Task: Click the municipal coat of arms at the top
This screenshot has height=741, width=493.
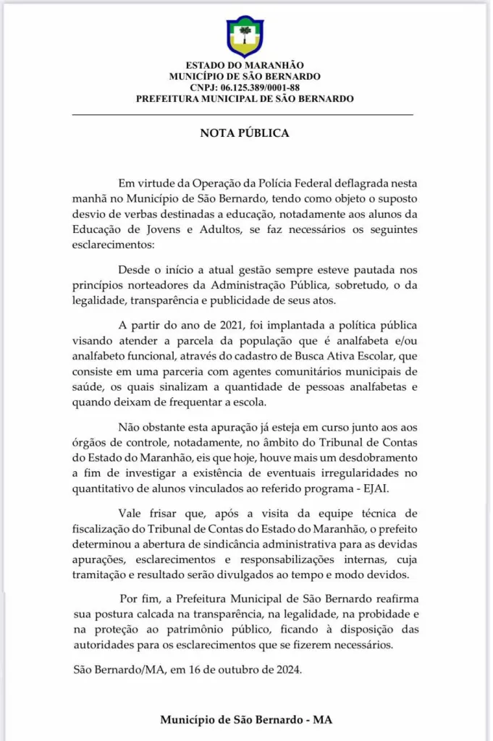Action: [x=245, y=35]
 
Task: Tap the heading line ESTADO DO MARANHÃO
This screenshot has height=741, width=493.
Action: [x=245, y=66]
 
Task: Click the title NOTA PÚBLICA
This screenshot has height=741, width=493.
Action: [x=245, y=133]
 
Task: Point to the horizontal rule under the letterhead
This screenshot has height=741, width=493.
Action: [x=245, y=115]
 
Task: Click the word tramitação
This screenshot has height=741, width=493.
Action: [x=104, y=576]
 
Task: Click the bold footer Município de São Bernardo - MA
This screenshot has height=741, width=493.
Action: [x=246, y=721]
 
